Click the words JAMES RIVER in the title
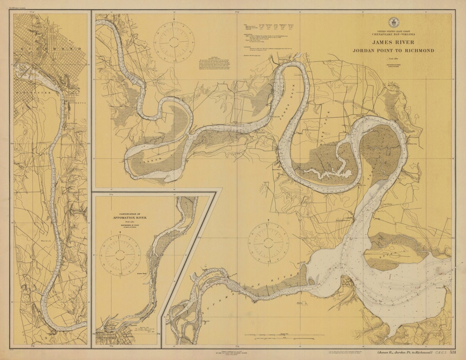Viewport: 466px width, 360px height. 393,42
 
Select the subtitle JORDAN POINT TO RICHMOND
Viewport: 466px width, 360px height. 393,51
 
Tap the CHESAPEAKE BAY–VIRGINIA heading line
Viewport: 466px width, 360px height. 393,34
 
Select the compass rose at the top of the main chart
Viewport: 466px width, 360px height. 173,40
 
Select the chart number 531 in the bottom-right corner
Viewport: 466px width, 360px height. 453,352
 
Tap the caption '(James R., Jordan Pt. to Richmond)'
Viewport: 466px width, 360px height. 405,352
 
